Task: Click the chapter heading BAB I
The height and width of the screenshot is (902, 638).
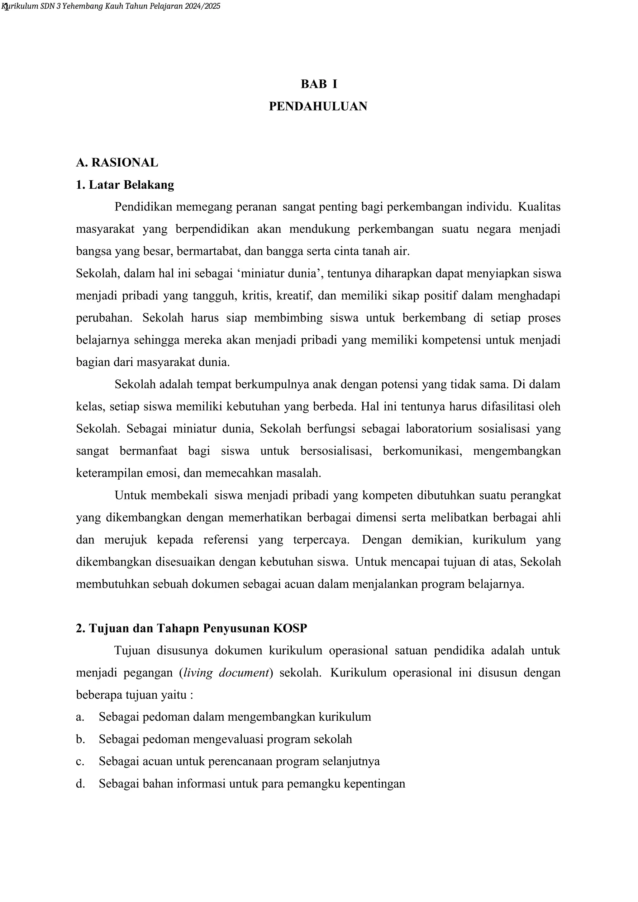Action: tap(319, 84)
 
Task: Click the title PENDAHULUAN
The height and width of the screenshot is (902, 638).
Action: tap(318, 106)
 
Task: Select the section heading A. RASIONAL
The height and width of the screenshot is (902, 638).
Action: tap(117, 162)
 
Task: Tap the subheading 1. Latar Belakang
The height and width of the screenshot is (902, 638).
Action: tap(125, 185)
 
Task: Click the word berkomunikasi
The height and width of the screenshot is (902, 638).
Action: tap(422, 451)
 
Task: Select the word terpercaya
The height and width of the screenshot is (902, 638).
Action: tap(321, 540)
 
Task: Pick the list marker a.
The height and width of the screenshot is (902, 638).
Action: tap(80, 717)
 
